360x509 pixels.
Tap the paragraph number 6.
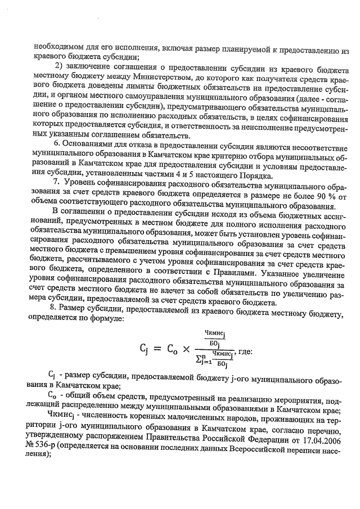click(x=55, y=143)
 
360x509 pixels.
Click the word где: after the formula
click(x=247, y=352)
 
